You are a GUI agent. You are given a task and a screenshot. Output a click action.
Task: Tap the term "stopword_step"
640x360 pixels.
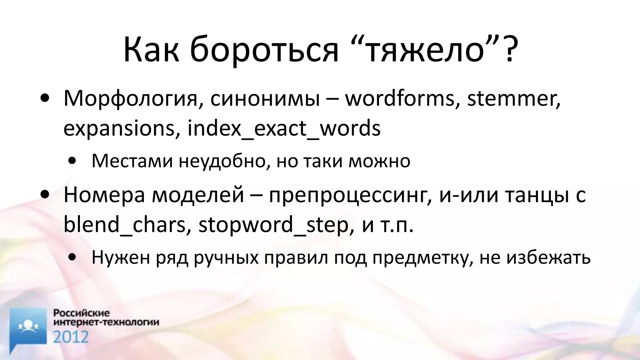273,225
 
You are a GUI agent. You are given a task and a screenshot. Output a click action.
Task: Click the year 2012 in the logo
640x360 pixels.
71,337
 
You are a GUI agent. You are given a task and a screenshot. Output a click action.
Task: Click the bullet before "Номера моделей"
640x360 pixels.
45,194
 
